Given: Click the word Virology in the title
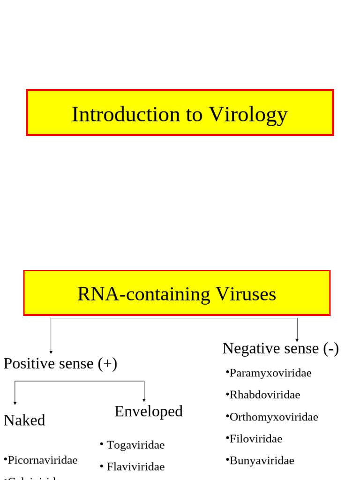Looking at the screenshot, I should pos(248,115).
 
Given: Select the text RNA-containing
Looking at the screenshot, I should pos(143,294).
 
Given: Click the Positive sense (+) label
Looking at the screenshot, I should pos(60,363).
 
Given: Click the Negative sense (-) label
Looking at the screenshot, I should pos(280,348).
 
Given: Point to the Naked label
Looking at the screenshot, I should pos(24,420).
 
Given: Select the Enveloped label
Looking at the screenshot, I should pos(148,411).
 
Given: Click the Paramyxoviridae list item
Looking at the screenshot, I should pos(270,373).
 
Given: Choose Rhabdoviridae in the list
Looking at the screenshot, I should pos(264,395).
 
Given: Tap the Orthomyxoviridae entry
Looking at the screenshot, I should pos(273,417).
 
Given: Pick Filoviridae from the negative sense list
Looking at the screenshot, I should pos(255,439).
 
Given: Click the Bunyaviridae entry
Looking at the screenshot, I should pos(262,460).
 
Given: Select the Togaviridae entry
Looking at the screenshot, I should pos(135,445).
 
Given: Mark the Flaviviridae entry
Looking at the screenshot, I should pos(135,466).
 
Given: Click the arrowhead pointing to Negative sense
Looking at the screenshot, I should pos(297,340).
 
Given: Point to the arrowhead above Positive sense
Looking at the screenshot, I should pos(51,352).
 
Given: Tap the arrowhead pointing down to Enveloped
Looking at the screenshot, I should pos(144,400).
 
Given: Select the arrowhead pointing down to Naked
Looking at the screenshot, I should pos(15,403).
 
